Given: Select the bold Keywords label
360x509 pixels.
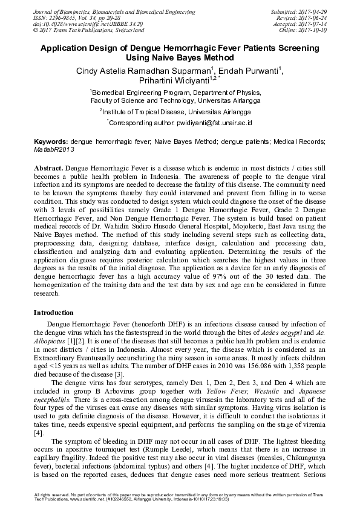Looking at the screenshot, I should tap(50, 141).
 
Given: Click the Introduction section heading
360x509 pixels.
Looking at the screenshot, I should tap(54, 313).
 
